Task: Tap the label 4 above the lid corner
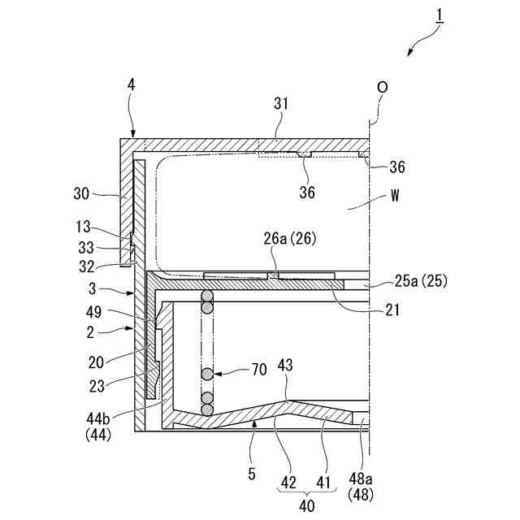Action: [x=131, y=84]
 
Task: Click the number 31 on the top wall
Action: [x=280, y=105]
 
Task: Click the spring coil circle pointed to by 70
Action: [x=209, y=375]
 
